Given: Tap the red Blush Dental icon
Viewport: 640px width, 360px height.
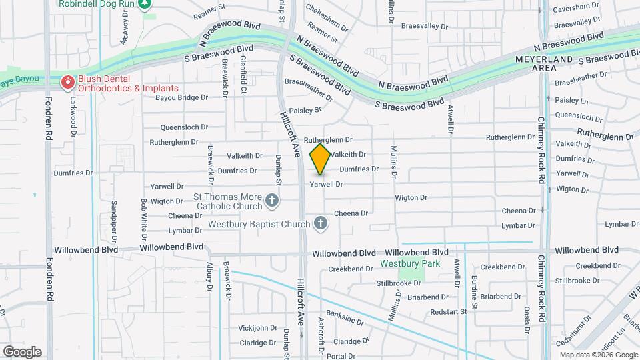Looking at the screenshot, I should (x=67, y=82).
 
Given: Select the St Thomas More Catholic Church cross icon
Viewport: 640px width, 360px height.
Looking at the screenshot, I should (x=272, y=199).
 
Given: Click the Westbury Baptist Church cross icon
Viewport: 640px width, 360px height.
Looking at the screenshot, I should (x=321, y=223).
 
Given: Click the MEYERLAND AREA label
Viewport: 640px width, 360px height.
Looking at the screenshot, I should (x=544, y=64).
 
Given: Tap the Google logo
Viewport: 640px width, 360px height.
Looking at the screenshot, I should (x=22, y=352).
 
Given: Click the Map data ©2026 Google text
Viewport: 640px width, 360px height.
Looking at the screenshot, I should (x=599, y=355).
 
